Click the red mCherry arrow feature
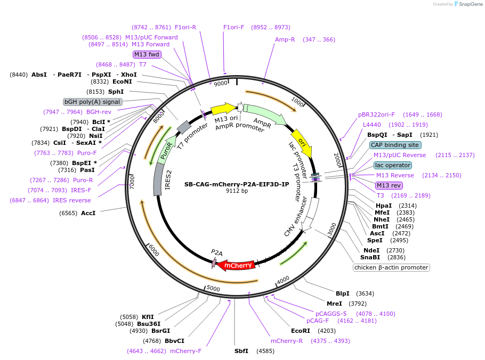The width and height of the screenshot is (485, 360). pos(237,265)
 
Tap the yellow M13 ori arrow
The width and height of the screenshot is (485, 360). pos(223,109)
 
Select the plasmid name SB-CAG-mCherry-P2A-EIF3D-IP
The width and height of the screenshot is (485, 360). pos(237,184)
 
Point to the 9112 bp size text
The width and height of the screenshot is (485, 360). pos(237,191)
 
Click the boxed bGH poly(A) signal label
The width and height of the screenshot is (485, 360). pos(93,102)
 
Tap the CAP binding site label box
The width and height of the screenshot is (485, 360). pos(395,145)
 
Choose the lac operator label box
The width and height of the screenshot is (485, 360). pos(392,165)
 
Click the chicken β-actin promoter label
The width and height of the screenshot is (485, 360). pos(391,267)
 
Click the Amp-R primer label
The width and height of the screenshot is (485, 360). pos(285,39)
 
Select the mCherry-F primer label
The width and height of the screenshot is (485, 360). pos(185,351)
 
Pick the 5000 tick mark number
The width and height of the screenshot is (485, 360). pos(213,288)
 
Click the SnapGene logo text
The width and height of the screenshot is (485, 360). pos(471,4)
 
